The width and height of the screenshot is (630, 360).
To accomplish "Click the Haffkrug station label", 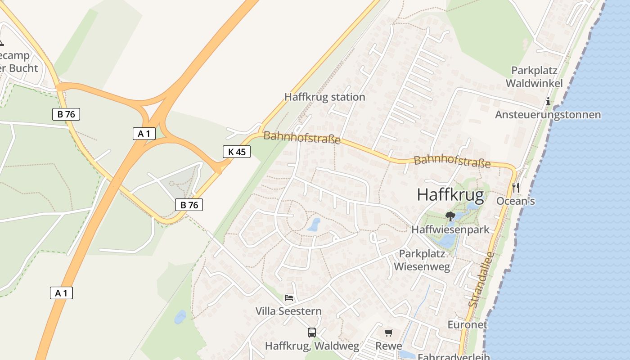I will pyautogui.click(x=324, y=97).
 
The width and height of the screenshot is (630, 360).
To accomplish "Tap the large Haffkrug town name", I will pyautogui.click(x=450, y=195).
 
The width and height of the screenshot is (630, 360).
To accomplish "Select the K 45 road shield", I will pyautogui.click(x=237, y=152).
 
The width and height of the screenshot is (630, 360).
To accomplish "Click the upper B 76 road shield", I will pyautogui.click(x=66, y=114).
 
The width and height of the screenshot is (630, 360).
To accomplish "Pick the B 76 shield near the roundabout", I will pyautogui.click(x=189, y=205).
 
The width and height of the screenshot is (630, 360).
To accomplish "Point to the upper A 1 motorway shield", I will pyautogui.click(x=144, y=133).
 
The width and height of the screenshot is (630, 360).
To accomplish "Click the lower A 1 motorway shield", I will pyautogui.click(x=61, y=293).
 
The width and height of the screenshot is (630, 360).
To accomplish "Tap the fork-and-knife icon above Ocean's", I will pyautogui.click(x=516, y=187).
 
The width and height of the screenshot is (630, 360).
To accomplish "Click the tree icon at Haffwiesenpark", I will pyautogui.click(x=450, y=216).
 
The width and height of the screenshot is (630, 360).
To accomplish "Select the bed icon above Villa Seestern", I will pyautogui.click(x=289, y=298).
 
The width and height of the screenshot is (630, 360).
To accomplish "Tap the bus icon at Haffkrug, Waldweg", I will pyautogui.click(x=312, y=333).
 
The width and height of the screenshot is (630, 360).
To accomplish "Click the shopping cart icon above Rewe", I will pyautogui.click(x=388, y=333).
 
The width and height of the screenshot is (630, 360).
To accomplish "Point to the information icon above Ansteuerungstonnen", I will pyautogui.click(x=548, y=102).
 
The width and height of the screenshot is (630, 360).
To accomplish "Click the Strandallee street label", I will pyautogui.click(x=481, y=279).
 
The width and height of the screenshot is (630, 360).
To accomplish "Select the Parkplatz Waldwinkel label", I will pyautogui.click(x=534, y=77).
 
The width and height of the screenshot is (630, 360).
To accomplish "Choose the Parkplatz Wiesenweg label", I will pyautogui.click(x=422, y=260).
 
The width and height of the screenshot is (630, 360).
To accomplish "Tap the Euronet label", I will pyautogui.click(x=467, y=324).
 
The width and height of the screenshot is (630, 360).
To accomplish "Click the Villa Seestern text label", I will pyautogui.click(x=288, y=311).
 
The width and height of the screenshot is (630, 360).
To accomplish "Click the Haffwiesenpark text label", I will pyautogui.click(x=450, y=229).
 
